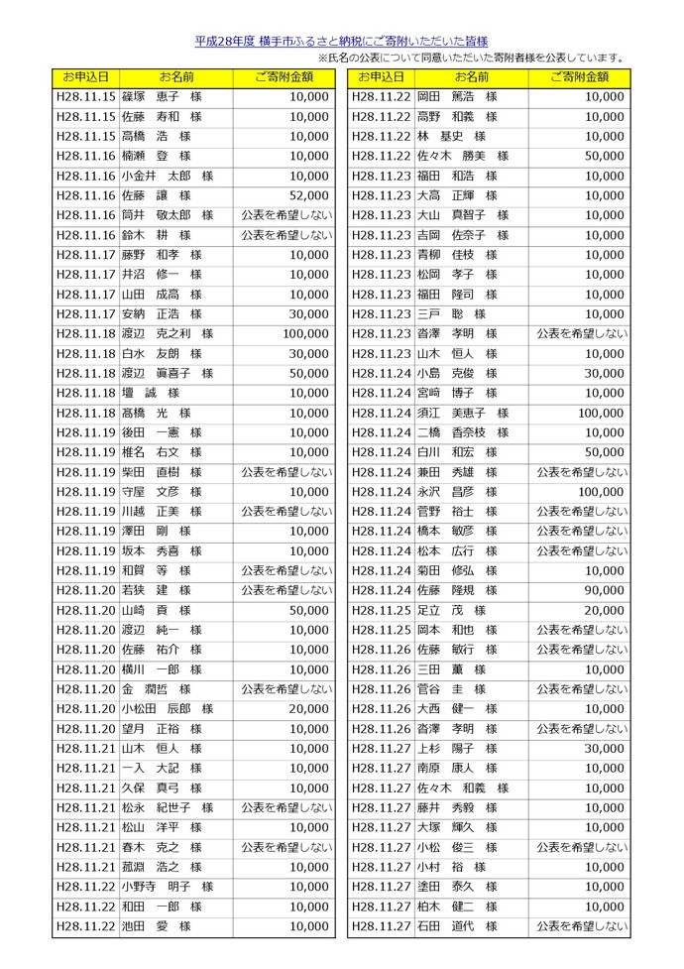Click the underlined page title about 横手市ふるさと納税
341,42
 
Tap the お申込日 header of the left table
85,76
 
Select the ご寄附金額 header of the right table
579,76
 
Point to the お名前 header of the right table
471,76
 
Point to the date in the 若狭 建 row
86,590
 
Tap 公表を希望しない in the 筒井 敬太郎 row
285,215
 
